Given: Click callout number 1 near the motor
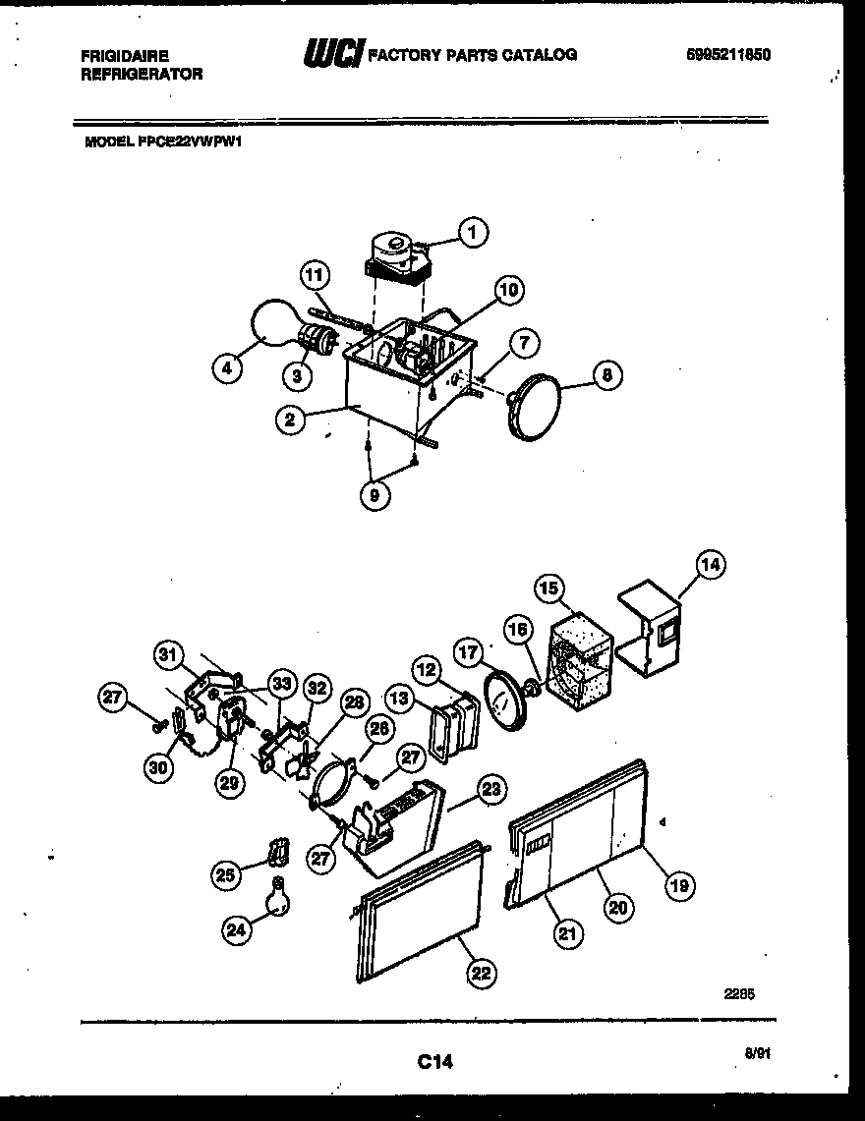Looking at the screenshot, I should point(473,233).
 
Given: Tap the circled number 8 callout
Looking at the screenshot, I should point(606,373).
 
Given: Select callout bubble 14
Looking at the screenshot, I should point(711,565).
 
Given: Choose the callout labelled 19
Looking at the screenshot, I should point(679,886).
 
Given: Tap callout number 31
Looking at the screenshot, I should point(169,655).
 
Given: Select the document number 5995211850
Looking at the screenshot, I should point(727,55).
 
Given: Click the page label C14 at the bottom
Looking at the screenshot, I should point(433,1061).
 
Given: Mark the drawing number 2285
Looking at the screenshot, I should point(740,993).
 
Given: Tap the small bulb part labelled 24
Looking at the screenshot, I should point(278,897).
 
